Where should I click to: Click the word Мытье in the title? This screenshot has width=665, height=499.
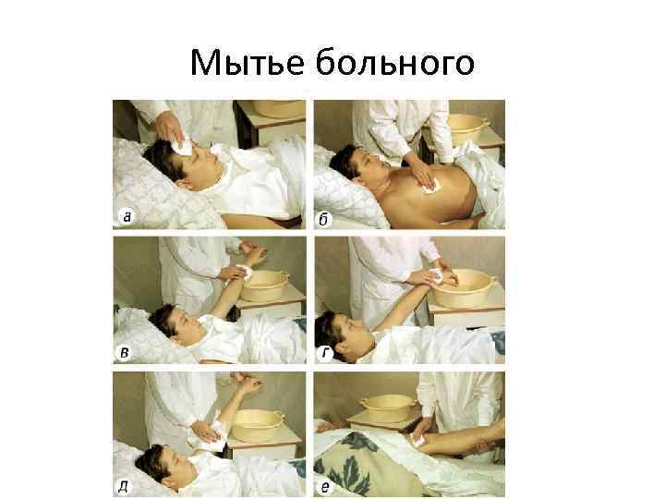tap(248, 63)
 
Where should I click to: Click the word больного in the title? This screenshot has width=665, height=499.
tap(395, 62)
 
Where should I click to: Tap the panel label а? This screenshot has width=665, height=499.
tap(127, 217)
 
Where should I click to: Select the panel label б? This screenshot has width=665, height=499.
tap(323, 220)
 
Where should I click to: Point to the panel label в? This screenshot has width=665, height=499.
tap(125, 353)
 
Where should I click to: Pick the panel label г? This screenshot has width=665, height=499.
tap(326, 352)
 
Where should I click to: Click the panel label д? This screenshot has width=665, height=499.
tap(123, 486)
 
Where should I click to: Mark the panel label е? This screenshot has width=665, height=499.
tap(325, 487)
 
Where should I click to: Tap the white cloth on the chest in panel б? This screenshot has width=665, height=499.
tap(431, 187)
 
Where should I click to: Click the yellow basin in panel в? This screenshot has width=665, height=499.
tap(265, 286)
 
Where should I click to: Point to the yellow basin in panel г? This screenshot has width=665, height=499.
tap(465, 288)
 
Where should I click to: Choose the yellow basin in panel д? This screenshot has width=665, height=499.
tap(258, 425)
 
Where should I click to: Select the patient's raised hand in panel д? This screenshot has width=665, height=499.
tap(248, 384)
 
